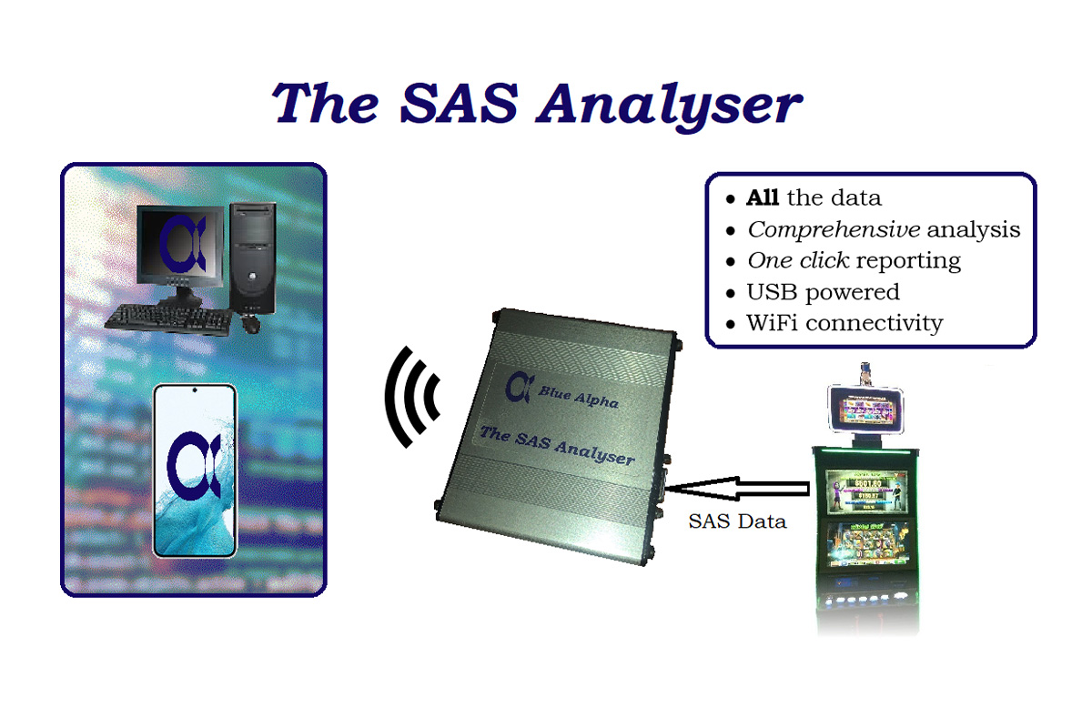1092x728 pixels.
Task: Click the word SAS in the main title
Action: (459, 103)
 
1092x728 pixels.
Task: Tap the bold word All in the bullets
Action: (762, 197)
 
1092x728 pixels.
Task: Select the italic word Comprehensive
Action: (834, 229)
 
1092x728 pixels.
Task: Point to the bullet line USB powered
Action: (823, 292)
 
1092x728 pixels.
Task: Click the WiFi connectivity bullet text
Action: (844, 323)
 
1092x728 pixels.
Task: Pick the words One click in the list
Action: (798, 260)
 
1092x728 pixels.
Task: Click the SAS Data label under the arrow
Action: (737, 521)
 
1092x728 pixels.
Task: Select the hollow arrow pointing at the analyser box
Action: (737, 489)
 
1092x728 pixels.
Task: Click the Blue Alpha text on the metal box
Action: (578, 398)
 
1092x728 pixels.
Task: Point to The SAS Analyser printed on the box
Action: (557, 445)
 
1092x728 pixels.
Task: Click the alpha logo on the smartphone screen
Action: (194, 466)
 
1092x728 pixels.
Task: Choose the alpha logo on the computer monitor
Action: (182, 244)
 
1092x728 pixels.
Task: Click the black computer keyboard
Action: (168, 320)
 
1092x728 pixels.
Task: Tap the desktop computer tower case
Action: (253, 258)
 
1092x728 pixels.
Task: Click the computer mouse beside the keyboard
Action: (250, 324)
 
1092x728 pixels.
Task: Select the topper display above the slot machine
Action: (865, 409)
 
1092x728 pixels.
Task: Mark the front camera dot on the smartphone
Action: (195, 390)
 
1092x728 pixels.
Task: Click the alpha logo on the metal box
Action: (519, 388)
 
